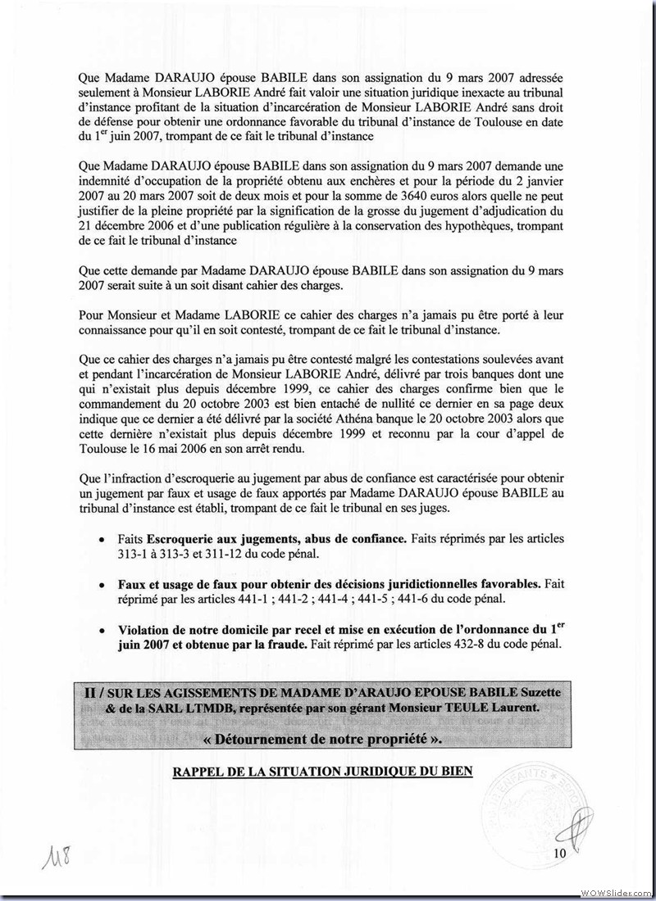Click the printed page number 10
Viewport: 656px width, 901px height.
pyautogui.click(x=560, y=854)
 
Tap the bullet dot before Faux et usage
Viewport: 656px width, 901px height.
pyautogui.click(x=101, y=586)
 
